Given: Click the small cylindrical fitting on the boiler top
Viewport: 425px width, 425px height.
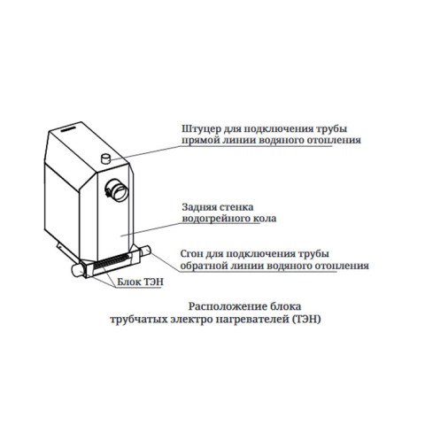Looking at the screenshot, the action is point(105,158).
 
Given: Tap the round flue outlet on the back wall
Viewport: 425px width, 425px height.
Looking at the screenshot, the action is point(117,190).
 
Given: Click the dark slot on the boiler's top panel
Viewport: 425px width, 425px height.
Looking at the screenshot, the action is point(68,129).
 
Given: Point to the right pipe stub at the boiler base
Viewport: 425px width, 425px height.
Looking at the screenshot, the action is point(145,251).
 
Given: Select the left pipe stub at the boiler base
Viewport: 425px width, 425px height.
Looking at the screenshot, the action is point(78,270).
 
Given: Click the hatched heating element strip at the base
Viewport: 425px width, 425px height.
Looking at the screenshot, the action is point(111,262).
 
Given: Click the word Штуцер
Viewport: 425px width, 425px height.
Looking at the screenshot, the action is point(200,129).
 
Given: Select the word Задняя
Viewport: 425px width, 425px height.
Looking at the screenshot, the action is point(198,207).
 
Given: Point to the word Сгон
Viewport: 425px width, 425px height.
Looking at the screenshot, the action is point(191,253).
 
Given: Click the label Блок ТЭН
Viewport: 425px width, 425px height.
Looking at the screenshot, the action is point(140,282).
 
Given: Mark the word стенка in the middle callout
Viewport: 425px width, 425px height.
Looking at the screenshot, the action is point(236,207).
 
